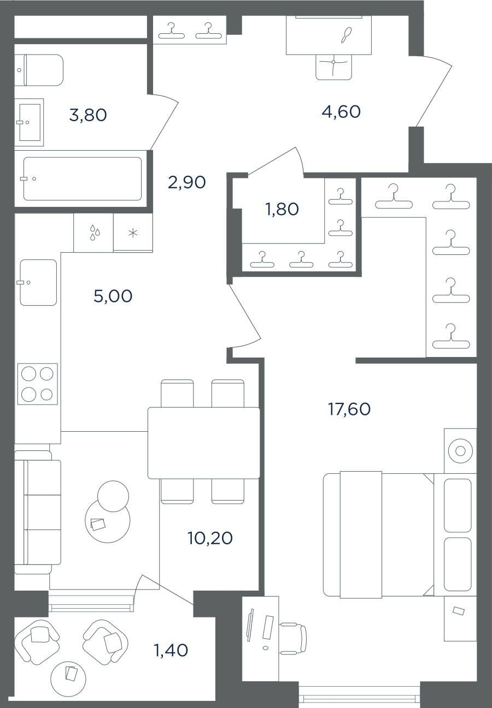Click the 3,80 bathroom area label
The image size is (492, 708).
88,115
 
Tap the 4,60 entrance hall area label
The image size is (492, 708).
341,111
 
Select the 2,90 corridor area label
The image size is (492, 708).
187,182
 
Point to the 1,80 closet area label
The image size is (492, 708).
282,209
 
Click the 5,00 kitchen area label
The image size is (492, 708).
113,296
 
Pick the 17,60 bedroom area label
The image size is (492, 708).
349,409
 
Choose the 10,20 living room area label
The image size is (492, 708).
210,538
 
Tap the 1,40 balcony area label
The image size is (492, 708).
171,650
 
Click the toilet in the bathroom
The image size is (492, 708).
39,70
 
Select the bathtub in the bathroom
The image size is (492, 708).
83,179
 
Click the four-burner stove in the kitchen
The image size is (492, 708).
37,384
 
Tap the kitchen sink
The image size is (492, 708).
38,283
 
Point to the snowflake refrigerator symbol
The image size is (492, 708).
133,233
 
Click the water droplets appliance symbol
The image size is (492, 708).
95,233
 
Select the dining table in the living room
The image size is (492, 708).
203,443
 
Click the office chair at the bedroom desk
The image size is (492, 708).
293,639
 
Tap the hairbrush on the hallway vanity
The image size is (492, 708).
347,35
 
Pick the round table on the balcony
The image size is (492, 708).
68,679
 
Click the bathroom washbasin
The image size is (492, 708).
29,122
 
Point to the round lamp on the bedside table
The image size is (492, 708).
460,451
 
